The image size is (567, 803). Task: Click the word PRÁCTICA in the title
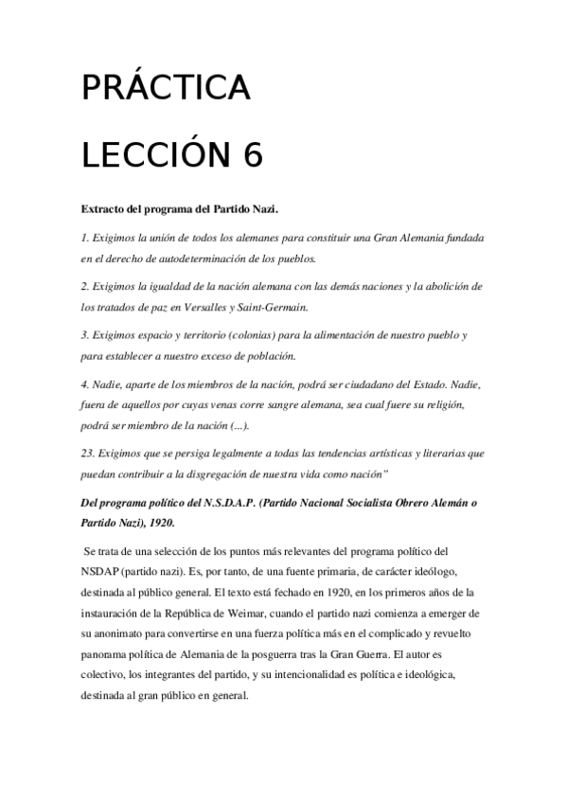point(165,88)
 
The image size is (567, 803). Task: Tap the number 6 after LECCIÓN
point(252,155)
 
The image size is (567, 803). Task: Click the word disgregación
point(236,474)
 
